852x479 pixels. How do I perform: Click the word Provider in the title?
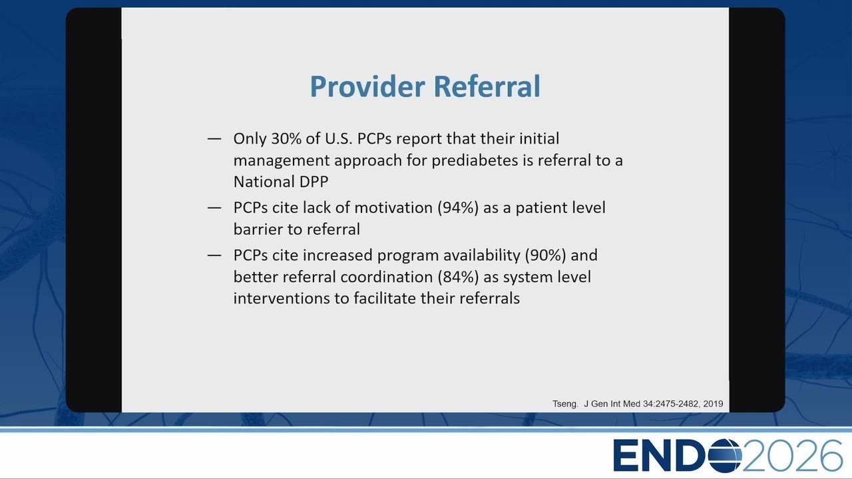pyautogui.click(x=367, y=86)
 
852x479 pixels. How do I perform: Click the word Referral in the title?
pyautogui.click(x=487, y=86)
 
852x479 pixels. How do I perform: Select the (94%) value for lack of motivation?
pyautogui.click(x=458, y=208)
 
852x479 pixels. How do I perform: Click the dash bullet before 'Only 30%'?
pyautogui.click(x=214, y=139)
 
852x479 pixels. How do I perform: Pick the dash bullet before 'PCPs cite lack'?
pyautogui.click(x=214, y=208)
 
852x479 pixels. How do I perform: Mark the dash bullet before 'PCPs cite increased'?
pyautogui.click(x=214, y=255)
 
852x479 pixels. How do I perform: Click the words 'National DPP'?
pyautogui.click(x=281, y=182)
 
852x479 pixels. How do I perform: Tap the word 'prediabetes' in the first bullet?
pyautogui.click(x=475, y=161)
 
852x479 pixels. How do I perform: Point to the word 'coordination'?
pyautogui.click(x=387, y=277)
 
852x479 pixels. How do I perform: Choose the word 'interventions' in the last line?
pyautogui.click(x=282, y=299)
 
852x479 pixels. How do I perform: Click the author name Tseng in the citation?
pyautogui.click(x=565, y=404)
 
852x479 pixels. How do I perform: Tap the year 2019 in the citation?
pyautogui.click(x=713, y=404)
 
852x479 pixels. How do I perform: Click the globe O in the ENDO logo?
pyautogui.click(x=725, y=456)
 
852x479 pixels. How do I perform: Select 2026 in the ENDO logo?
pyautogui.click(x=792, y=456)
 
